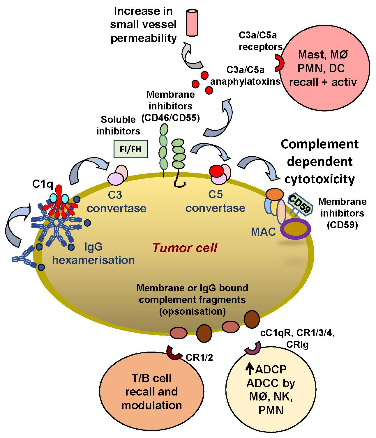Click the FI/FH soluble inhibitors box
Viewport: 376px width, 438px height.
(130, 149)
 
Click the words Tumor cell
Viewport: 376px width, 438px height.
(185, 248)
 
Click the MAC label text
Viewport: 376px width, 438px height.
(263, 232)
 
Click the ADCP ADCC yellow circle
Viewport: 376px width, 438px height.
(271, 390)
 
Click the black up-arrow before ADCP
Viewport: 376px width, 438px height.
(250, 369)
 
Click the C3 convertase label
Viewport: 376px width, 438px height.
(116, 201)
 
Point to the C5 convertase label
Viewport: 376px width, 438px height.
(216, 201)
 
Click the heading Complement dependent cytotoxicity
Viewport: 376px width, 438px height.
(320, 162)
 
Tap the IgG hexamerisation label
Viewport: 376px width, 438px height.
(93, 253)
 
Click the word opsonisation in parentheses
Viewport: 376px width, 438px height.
(193, 311)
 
